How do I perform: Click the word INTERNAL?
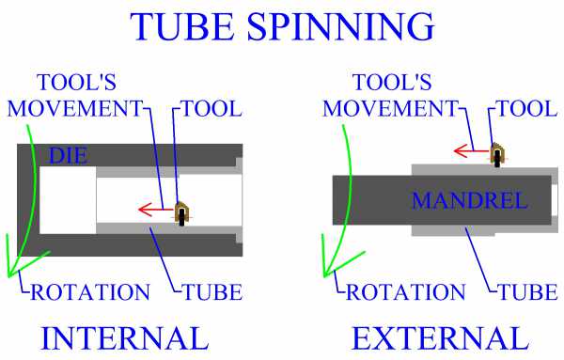pyautogui.click(x=124, y=337)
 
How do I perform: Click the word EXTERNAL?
pyautogui.click(x=440, y=337)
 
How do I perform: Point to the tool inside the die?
pyautogui.click(x=182, y=214)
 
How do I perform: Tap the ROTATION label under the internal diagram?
pyautogui.click(x=90, y=290)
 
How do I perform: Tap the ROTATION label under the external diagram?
pyautogui.click(x=405, y=290)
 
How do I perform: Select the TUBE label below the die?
pyautogui.click(x=213, y=290)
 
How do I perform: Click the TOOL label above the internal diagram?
pyautogui.click(x=212, y=108)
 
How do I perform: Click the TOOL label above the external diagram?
pyautogui.click(x=527, y=108)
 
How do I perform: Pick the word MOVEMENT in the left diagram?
pyautogui.click(x=74, y=108)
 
